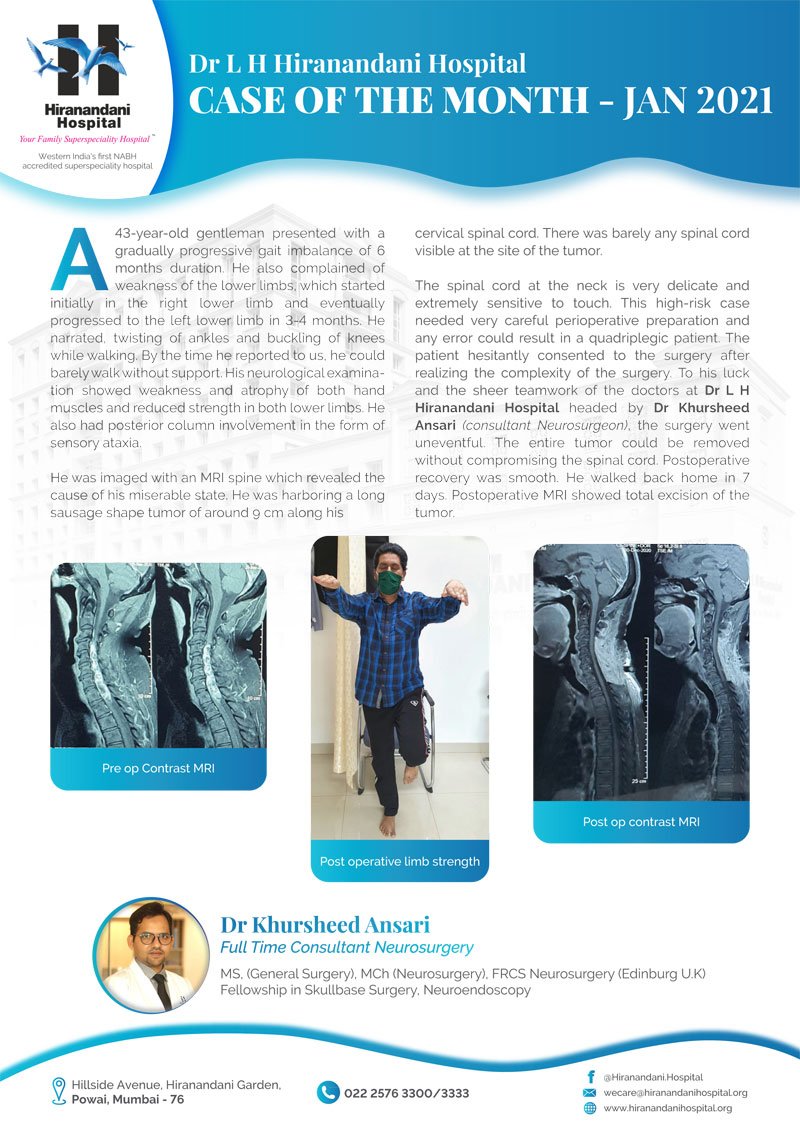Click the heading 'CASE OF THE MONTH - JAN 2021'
point(481,101)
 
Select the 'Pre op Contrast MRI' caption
point(158,769)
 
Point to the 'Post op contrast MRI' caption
point(641,822)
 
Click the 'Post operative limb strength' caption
point(400,861)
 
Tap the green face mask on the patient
point(389,582)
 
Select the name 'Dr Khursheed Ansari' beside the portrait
point(325,924)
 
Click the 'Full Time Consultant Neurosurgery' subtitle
point(346,947)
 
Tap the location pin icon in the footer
point(60,1092)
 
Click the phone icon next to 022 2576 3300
point(328,1092)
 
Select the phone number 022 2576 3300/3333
point(406,1093)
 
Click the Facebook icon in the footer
point(589,1076)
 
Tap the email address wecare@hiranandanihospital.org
point(675,1092)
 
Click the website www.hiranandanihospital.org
point(668,1108)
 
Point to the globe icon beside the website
point(589,1108)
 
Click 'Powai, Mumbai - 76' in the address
point(128,1100)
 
